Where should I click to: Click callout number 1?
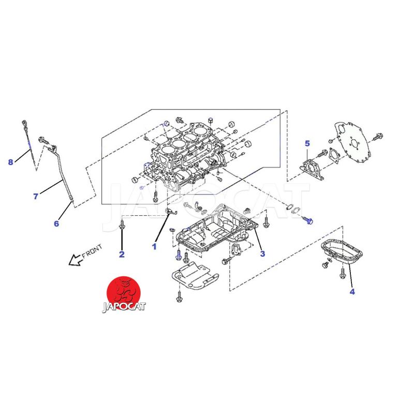(154, 247)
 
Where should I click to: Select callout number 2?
(122, 254)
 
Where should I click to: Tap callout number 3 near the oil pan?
(262, 254)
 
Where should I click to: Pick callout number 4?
(352, 292)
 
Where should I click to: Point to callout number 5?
(307, 144)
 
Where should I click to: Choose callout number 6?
(56, 224)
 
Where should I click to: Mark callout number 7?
(36, 197)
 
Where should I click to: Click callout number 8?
(10, 162)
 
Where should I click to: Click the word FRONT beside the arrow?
(92, 252)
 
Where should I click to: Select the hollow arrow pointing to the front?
(75, 260)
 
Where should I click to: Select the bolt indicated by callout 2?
(122, 225)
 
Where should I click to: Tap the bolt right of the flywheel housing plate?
(378, 137)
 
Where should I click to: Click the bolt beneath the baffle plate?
(179, 297)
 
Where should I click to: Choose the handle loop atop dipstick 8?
(24, 123)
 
